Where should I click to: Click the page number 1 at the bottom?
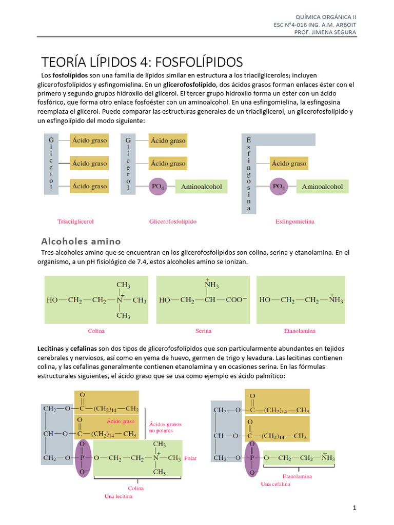(x=354, y=508)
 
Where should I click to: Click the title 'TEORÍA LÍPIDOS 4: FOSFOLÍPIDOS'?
(x=142, y=62)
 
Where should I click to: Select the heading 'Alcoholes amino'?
(x=81, y=241)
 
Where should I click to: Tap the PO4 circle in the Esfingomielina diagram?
(x=280, y=187)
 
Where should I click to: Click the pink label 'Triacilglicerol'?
(x=75, y=222)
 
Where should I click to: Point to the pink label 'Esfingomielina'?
(x=295, y=222)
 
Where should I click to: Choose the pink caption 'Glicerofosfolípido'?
(x=173, y=222)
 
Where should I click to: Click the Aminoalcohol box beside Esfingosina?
(x=322, y=187)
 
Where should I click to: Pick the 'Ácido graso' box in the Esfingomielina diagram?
(x=289, y=164)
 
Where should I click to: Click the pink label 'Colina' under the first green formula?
(x=96, y=331)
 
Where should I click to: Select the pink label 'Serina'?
(x=203, y=331)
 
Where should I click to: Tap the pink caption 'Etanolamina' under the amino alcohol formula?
(x=300, y=331)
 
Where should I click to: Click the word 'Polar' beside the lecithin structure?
(x=190, y=458)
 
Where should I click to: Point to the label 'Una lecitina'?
(x=122, y=496)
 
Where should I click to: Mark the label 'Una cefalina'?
(x=275, y=484)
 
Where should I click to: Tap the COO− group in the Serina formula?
(x=235, y=300)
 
